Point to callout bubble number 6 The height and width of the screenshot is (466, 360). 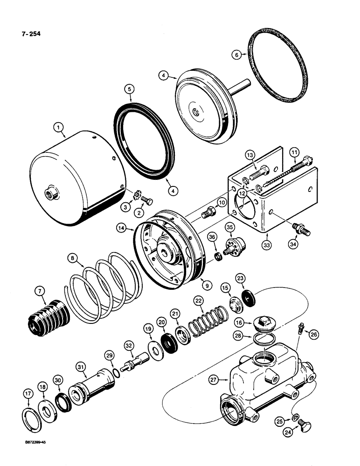236,55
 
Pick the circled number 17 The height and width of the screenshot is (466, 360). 28,394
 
